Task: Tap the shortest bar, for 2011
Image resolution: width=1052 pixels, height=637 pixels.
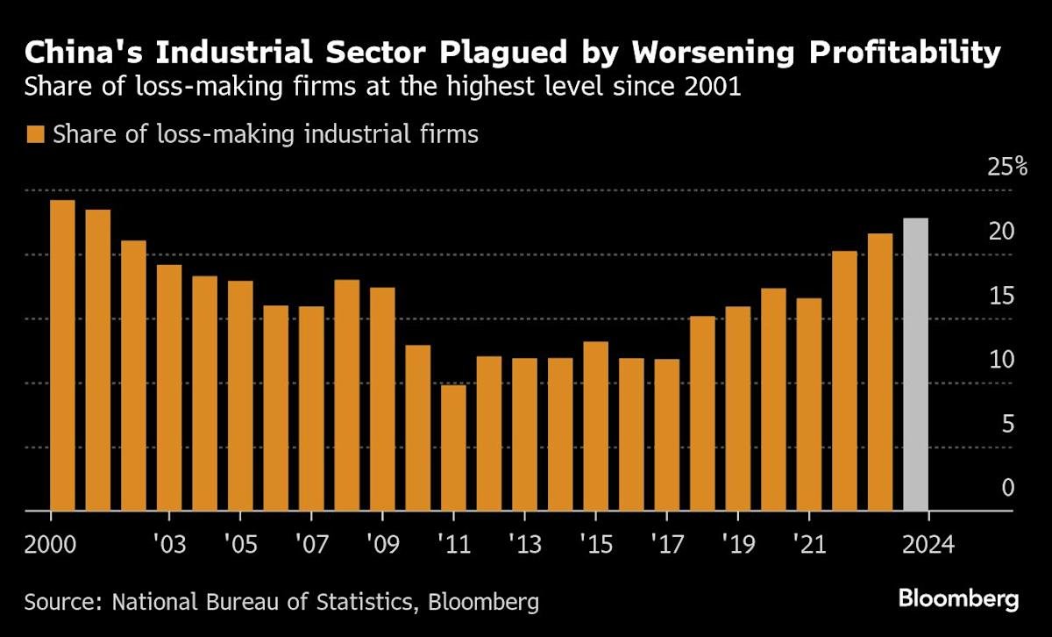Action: (x=453, y=447)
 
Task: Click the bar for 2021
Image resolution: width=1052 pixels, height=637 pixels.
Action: (x=808, y=404)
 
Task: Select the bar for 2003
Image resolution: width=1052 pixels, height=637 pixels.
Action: (x=169, y=387)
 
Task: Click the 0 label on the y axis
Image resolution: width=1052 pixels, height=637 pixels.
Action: (x=1008, y=488)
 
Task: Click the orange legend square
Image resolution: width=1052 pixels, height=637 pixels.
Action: (x=35, y=135)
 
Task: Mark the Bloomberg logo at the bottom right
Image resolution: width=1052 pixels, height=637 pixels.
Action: (x=958, y=600)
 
